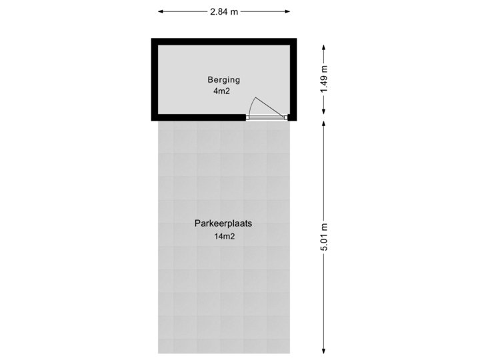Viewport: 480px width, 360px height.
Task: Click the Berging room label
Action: coord(223,80)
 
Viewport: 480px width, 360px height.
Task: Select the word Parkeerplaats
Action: coord(223,224)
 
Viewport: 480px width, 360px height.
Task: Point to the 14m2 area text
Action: coord(225,236)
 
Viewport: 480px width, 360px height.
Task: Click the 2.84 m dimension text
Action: coord(224,12)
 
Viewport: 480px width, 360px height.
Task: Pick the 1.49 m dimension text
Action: coord(324,80)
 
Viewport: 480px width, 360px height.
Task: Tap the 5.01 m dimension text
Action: coord(324,237)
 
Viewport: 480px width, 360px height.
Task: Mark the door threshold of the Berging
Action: coord(267,118)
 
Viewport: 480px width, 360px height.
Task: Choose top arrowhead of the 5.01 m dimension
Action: coord(324,125)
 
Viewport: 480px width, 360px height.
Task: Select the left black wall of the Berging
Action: coord(154,80)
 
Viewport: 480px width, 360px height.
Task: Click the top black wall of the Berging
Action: coord(223,41)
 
